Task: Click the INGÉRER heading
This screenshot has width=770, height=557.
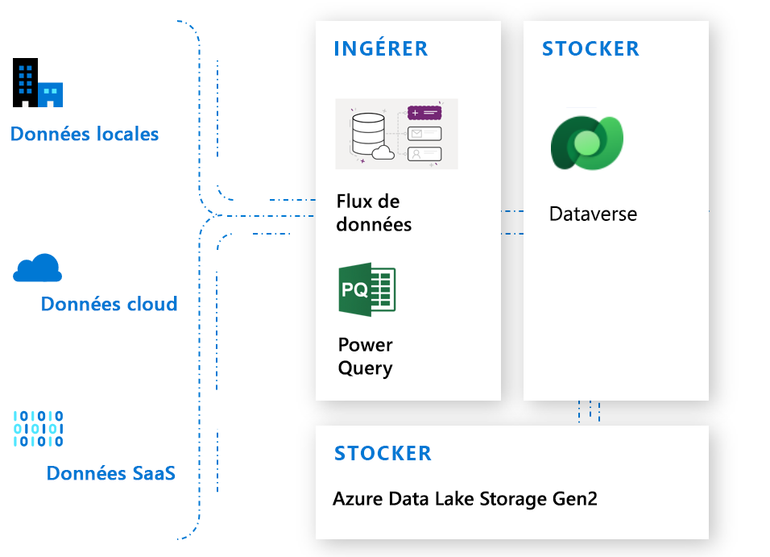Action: (381, 48)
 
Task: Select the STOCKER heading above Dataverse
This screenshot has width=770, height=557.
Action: (590, 48)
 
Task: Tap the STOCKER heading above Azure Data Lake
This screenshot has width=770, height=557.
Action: (383, 453)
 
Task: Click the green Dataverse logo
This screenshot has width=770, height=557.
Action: (587, 143)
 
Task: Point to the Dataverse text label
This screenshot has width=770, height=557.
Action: (593, 214)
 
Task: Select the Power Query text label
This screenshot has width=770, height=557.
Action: (365, 356)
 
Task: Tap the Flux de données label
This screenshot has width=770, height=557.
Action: (374, 213)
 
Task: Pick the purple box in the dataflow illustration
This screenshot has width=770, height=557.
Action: (425, 113)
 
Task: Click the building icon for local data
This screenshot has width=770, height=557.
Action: (37, 83)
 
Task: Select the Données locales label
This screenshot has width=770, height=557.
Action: (85, 134)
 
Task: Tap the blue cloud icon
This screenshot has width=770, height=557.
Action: (38, 268)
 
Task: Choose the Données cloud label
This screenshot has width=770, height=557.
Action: (109, 304)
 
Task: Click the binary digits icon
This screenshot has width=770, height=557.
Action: (38, 428)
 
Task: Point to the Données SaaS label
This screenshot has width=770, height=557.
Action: (110, 473)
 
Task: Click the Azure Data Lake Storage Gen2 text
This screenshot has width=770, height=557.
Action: (465, 499)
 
